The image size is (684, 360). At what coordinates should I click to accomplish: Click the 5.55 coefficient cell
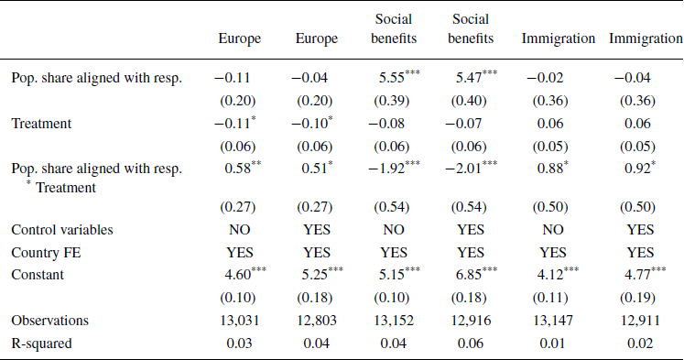[391, 78]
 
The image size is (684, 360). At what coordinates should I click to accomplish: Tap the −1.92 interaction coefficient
[392, 169]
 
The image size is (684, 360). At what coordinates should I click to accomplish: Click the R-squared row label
[41, 343]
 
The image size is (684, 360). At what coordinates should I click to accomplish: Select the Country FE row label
[45, 251]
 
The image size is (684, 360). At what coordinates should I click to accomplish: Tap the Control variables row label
[61, 229]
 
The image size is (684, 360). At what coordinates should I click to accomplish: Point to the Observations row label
[49, 320]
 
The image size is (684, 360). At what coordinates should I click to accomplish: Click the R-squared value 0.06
[472, 343]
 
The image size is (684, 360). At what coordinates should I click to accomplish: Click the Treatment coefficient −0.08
[393, 123]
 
